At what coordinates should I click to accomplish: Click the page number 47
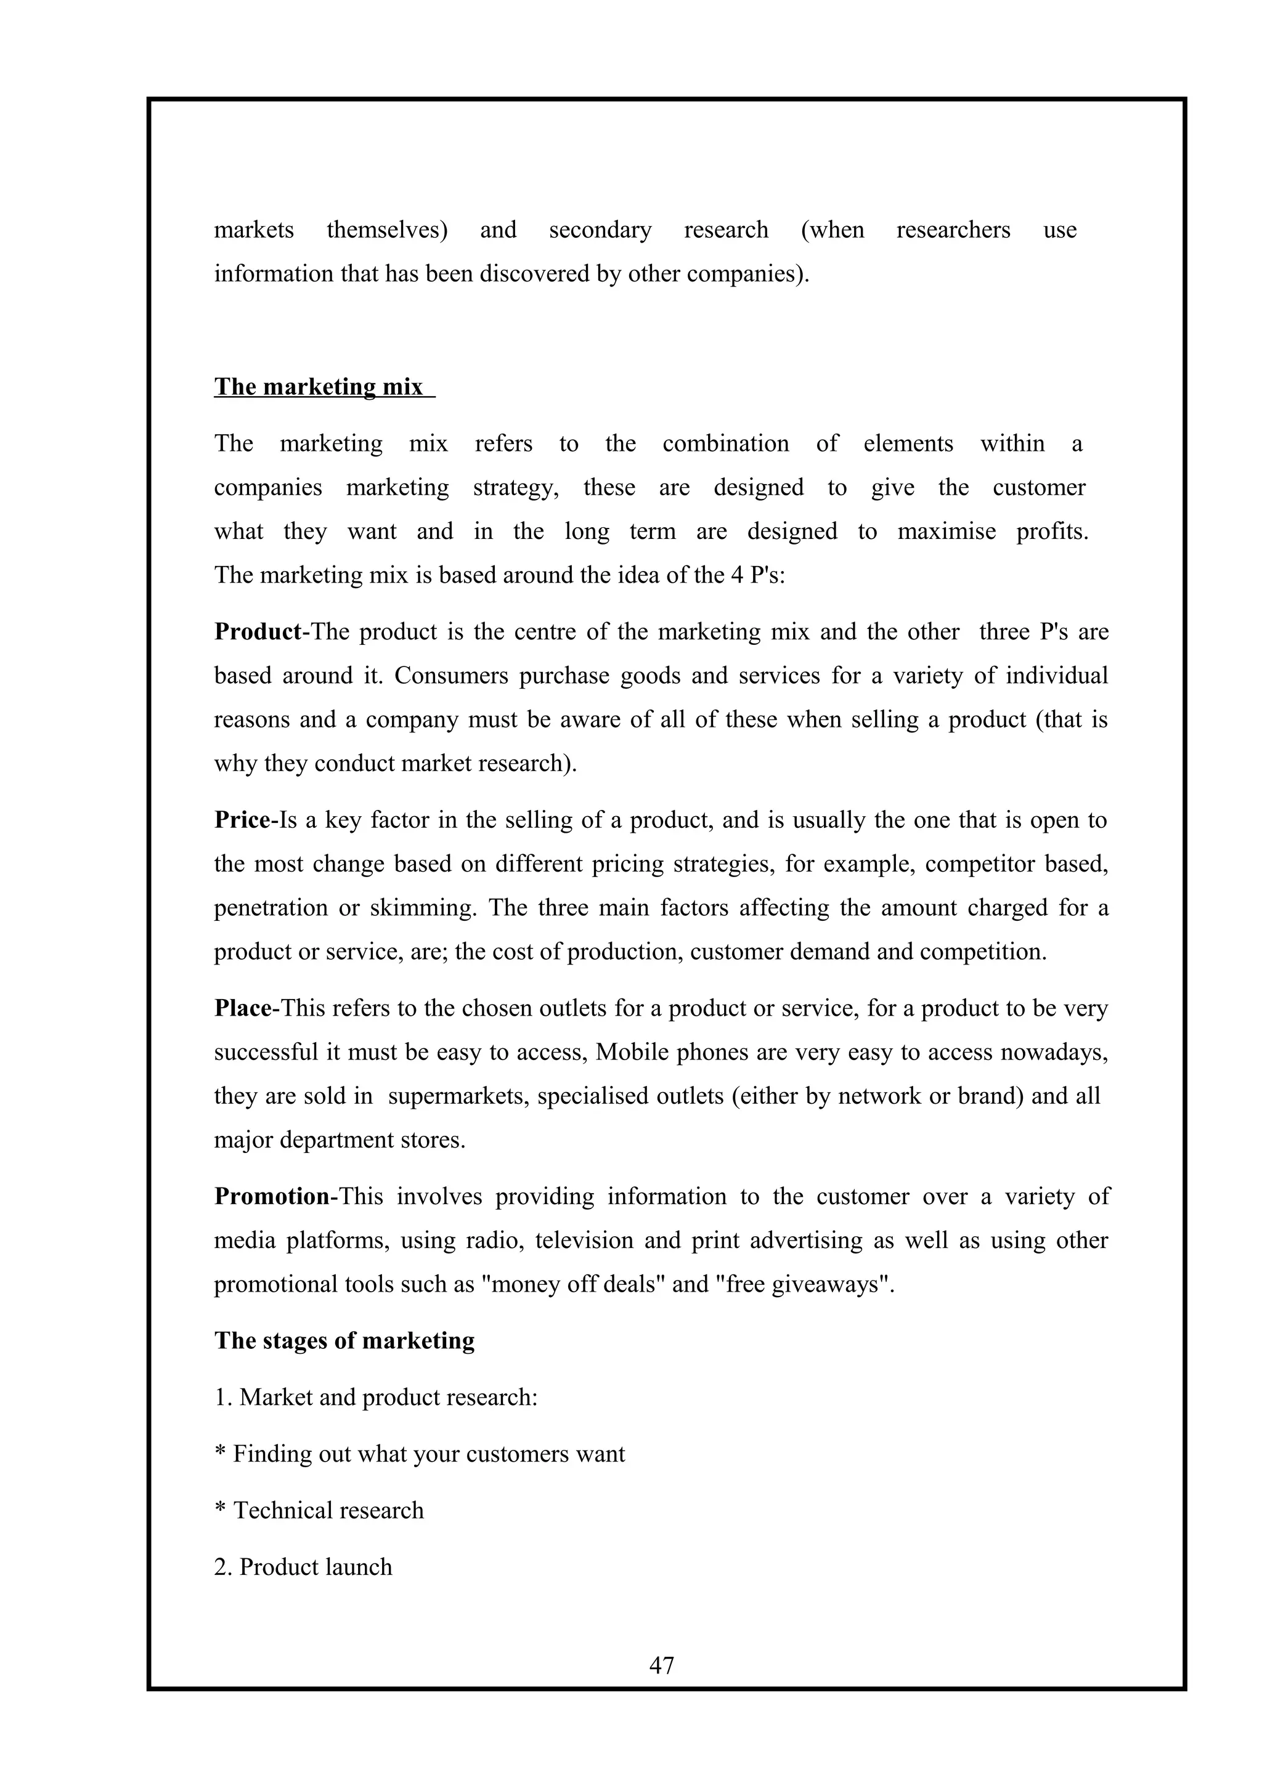[661, 1664]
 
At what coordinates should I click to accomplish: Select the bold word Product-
[261, 631]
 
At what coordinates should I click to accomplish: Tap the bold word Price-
[246, 820]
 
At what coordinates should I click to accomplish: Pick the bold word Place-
[246, 1008]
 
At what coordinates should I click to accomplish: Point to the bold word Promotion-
[275, 1197]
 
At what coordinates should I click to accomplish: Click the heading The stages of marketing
[344, 1340]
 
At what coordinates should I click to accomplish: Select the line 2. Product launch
[303, 1566]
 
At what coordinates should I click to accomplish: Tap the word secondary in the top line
[600, 230]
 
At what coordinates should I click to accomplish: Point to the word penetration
[271, 908]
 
